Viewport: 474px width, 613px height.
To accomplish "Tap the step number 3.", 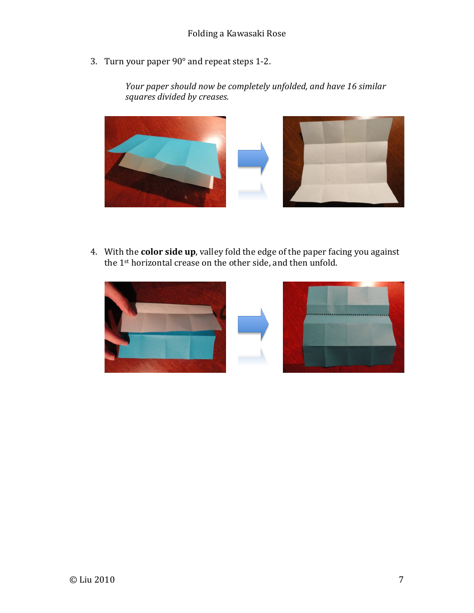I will click(93, 61).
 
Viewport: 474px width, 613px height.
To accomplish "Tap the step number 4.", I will click(93, 252).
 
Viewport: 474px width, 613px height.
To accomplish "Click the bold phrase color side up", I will click(168, 252).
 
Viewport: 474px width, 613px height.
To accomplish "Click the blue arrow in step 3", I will click(253, 158).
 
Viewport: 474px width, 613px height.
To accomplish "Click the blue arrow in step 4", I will click(253, 324).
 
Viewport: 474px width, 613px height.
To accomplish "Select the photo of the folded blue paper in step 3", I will click(165, 161).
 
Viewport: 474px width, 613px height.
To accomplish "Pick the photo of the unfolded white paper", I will click(343, 161).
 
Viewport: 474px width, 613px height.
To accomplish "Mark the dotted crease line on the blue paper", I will click(346, 315).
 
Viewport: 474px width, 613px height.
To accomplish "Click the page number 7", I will click(401, 579).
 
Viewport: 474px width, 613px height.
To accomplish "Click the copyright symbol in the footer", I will click(73, 580).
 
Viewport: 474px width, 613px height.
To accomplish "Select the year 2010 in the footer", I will click(104, 580).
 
